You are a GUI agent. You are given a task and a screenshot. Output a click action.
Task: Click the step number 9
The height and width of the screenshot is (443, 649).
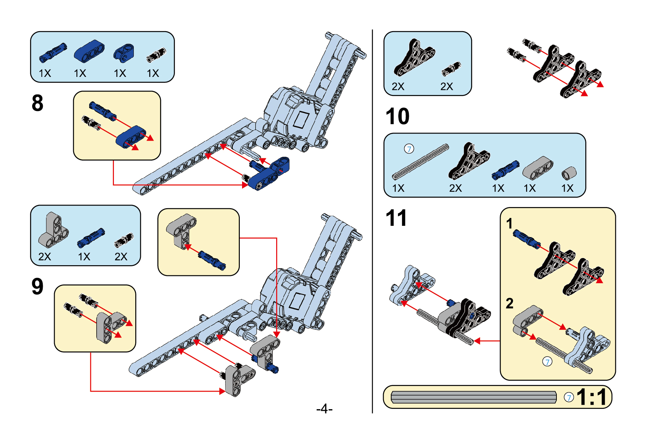tap(37, 287)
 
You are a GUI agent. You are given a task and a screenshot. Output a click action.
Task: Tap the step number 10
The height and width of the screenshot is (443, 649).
tap(397, 116)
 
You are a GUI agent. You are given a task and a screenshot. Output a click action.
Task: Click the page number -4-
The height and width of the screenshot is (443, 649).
tap(324, 408)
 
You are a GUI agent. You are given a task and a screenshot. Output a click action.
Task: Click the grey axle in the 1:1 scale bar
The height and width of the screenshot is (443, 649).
tap(473, 397)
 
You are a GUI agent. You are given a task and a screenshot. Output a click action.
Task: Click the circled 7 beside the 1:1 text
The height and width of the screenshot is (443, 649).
tap(569, 397)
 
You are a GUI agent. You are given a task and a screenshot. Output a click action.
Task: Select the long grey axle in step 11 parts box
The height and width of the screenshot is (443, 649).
tap(420, 162)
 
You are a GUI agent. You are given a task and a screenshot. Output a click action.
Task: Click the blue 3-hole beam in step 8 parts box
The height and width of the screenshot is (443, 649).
tap(89, 51)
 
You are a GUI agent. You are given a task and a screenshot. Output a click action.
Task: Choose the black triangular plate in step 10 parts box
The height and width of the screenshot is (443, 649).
tap(414, 57)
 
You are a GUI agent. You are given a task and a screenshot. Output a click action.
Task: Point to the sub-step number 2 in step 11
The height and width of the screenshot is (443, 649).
tap(509, 303)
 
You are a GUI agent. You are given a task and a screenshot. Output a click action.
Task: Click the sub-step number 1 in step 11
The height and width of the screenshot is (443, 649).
tap(509, 224)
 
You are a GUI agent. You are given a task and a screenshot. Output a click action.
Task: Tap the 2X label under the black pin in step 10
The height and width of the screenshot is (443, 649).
tap(447, 87)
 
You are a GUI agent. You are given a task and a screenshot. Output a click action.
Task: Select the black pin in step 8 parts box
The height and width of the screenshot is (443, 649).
tap(156, 55)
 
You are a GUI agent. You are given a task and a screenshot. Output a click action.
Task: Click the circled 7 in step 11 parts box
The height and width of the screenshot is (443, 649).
tap(409, 149)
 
